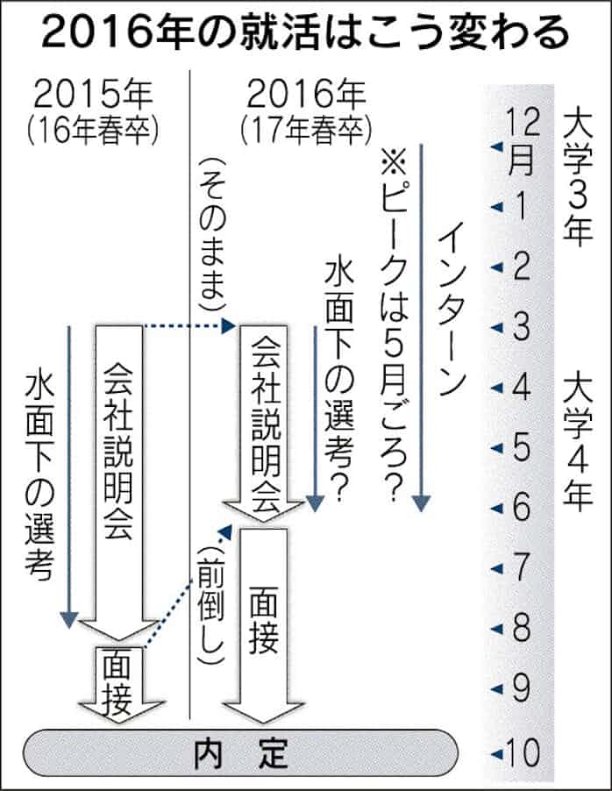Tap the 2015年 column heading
coord(91,94)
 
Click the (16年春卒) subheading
coord(91,130)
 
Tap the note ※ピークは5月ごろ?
coord(393,324)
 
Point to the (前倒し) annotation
coord(210,605)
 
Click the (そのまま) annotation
coord(210,237)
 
